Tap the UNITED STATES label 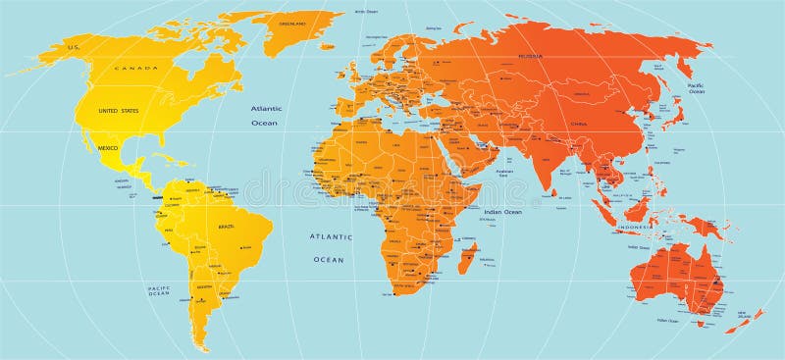click(118, 111)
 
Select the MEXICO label click(108, 147)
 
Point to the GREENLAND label click(293, 24)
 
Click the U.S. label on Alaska click(72, 47)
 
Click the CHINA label click(579, 125)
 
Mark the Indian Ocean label click(501, 212)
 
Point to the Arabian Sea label click(503, 175)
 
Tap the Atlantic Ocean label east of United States click(265, 116)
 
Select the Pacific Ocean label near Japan click(696, 89)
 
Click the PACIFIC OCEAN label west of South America click(159, 291)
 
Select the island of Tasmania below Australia click(702, 321)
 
